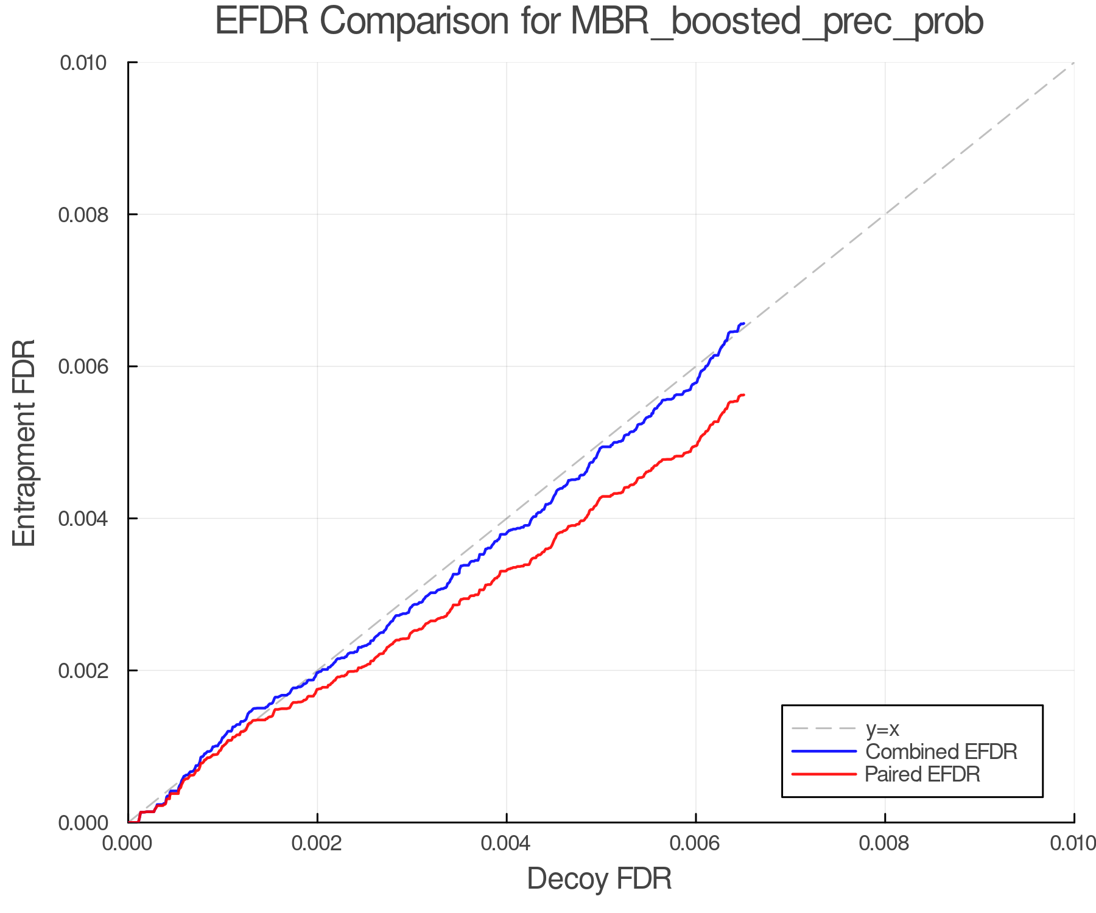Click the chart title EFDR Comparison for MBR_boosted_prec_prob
(x=599, y=22)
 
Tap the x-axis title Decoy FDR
(x=599, y=879)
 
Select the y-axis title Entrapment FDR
(x=24, y=443)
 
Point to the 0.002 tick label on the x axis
(x=317, y=844)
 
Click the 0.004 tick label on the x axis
(x=506, y=844)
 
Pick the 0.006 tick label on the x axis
(x=695, y=844)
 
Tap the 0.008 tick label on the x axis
(x=885, y=844)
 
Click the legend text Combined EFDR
(x=941, y=752)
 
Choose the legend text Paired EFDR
(x=922, y=774)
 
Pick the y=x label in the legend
(x=882, y=729)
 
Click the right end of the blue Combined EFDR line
(x=743, y=324)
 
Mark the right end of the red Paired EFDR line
(x=743, y=395)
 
